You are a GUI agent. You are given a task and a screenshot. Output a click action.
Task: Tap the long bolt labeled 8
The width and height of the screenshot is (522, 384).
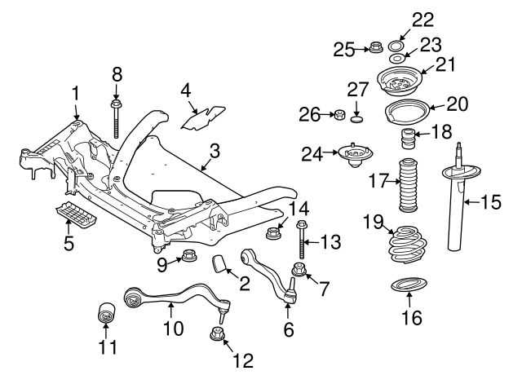click(x=116, y=119)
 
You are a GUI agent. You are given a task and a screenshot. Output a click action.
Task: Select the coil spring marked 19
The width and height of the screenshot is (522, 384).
click(x=408, y=244)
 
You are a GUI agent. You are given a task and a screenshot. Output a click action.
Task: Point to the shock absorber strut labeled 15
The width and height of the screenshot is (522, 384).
click(x=458, y=197)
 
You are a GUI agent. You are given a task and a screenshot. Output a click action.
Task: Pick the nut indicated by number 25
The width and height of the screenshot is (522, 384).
click(x=375, y=47)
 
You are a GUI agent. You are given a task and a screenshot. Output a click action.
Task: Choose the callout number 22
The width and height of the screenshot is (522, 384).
click(x=422, y=20)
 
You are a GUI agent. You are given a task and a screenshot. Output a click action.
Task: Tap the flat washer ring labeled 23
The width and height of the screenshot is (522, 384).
click(x=396, y=58)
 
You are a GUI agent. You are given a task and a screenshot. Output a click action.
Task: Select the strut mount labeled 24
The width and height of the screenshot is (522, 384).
click(x=356, y=156)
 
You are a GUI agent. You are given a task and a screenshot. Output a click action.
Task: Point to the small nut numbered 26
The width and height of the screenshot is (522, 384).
click(x=339, y=115)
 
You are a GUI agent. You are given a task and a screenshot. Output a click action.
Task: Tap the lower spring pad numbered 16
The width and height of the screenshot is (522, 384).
click(x=409, y=286)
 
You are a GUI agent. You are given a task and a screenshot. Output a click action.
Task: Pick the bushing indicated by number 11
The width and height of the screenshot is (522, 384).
click(x=107, y=312)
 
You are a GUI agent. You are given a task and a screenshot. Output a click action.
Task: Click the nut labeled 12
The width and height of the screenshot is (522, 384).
click(x=216, y=333)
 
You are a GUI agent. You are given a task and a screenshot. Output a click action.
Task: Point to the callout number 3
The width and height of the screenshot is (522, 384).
click(x=215, y=151)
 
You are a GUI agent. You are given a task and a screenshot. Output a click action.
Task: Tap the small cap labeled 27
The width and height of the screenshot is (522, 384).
click(x=357, y=119)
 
